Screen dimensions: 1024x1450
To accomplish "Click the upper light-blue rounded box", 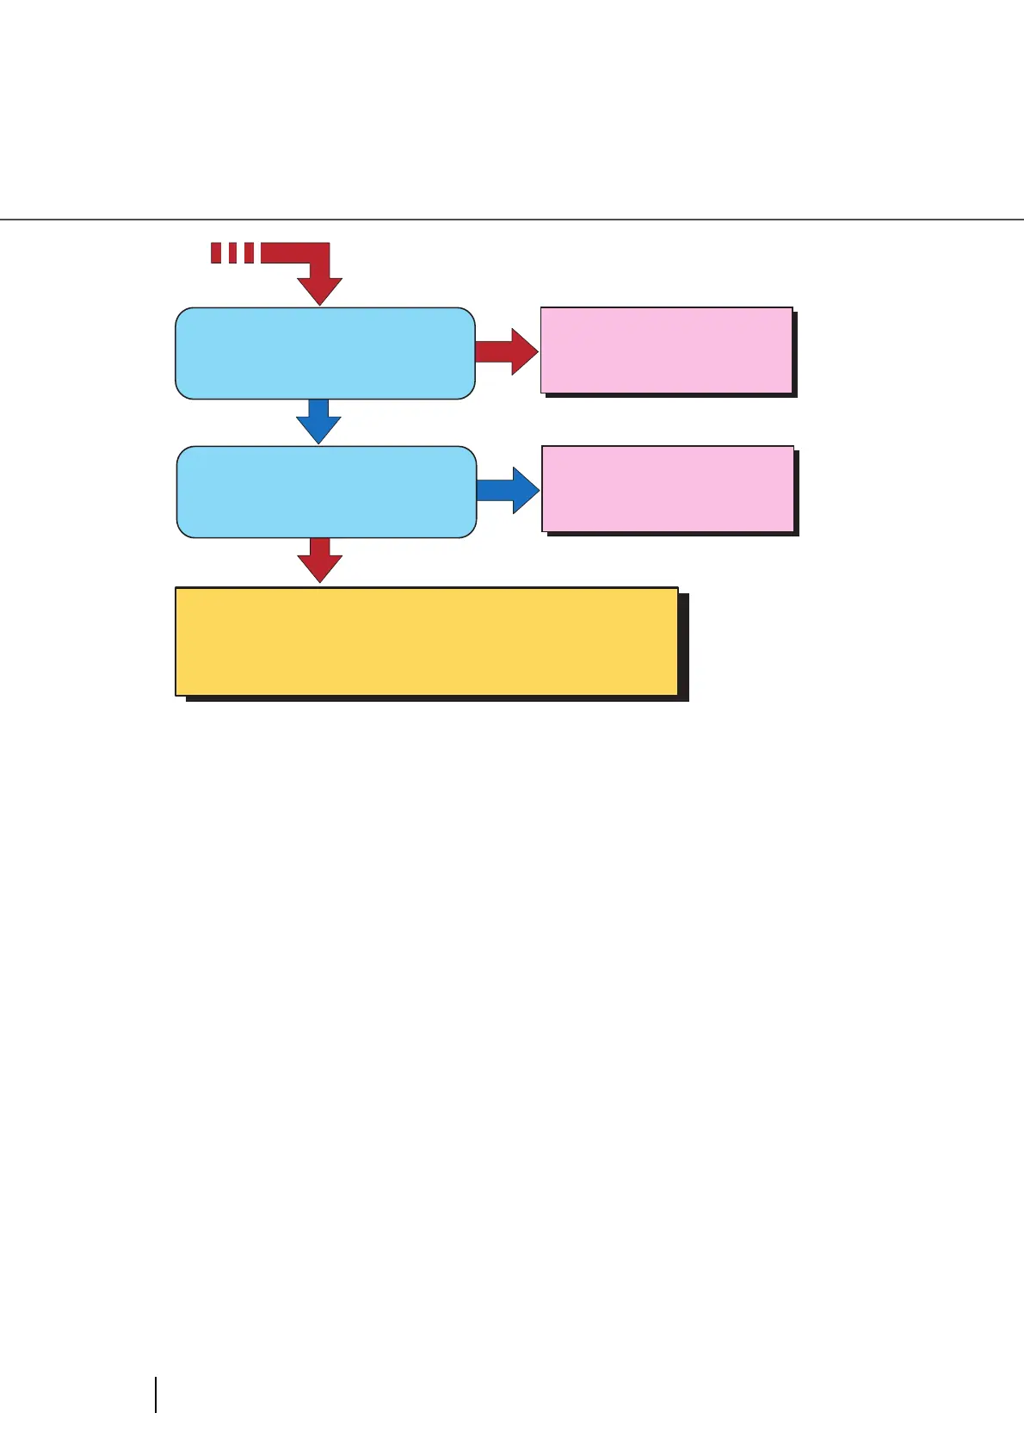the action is coord(324,353).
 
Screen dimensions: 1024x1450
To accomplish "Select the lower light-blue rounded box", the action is coord(326,492).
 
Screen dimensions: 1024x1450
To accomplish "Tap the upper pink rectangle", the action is coord(666,350).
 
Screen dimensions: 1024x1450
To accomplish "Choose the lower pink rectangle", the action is coord(668,488).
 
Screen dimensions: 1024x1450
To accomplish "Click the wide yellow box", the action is coord(426,641).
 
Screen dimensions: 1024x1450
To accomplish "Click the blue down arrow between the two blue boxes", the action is coord(318,422).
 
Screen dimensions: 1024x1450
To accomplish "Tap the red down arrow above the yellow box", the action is coord(319,561).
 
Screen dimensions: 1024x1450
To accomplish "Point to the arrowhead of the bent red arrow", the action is coord(319,291).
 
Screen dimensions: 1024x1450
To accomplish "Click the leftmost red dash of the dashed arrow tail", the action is coord(216,252).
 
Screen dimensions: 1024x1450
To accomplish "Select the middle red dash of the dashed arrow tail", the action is coord(232,252).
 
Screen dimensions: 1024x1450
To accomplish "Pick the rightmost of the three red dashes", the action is coord(249,252).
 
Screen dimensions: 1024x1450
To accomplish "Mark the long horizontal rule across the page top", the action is coord(512,220).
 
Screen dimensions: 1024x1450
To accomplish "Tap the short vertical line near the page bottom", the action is coord(156,1394).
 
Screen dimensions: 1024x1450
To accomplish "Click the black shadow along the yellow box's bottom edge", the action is coord(435,698).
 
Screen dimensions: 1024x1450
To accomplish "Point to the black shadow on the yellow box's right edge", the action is coord(683,646).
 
